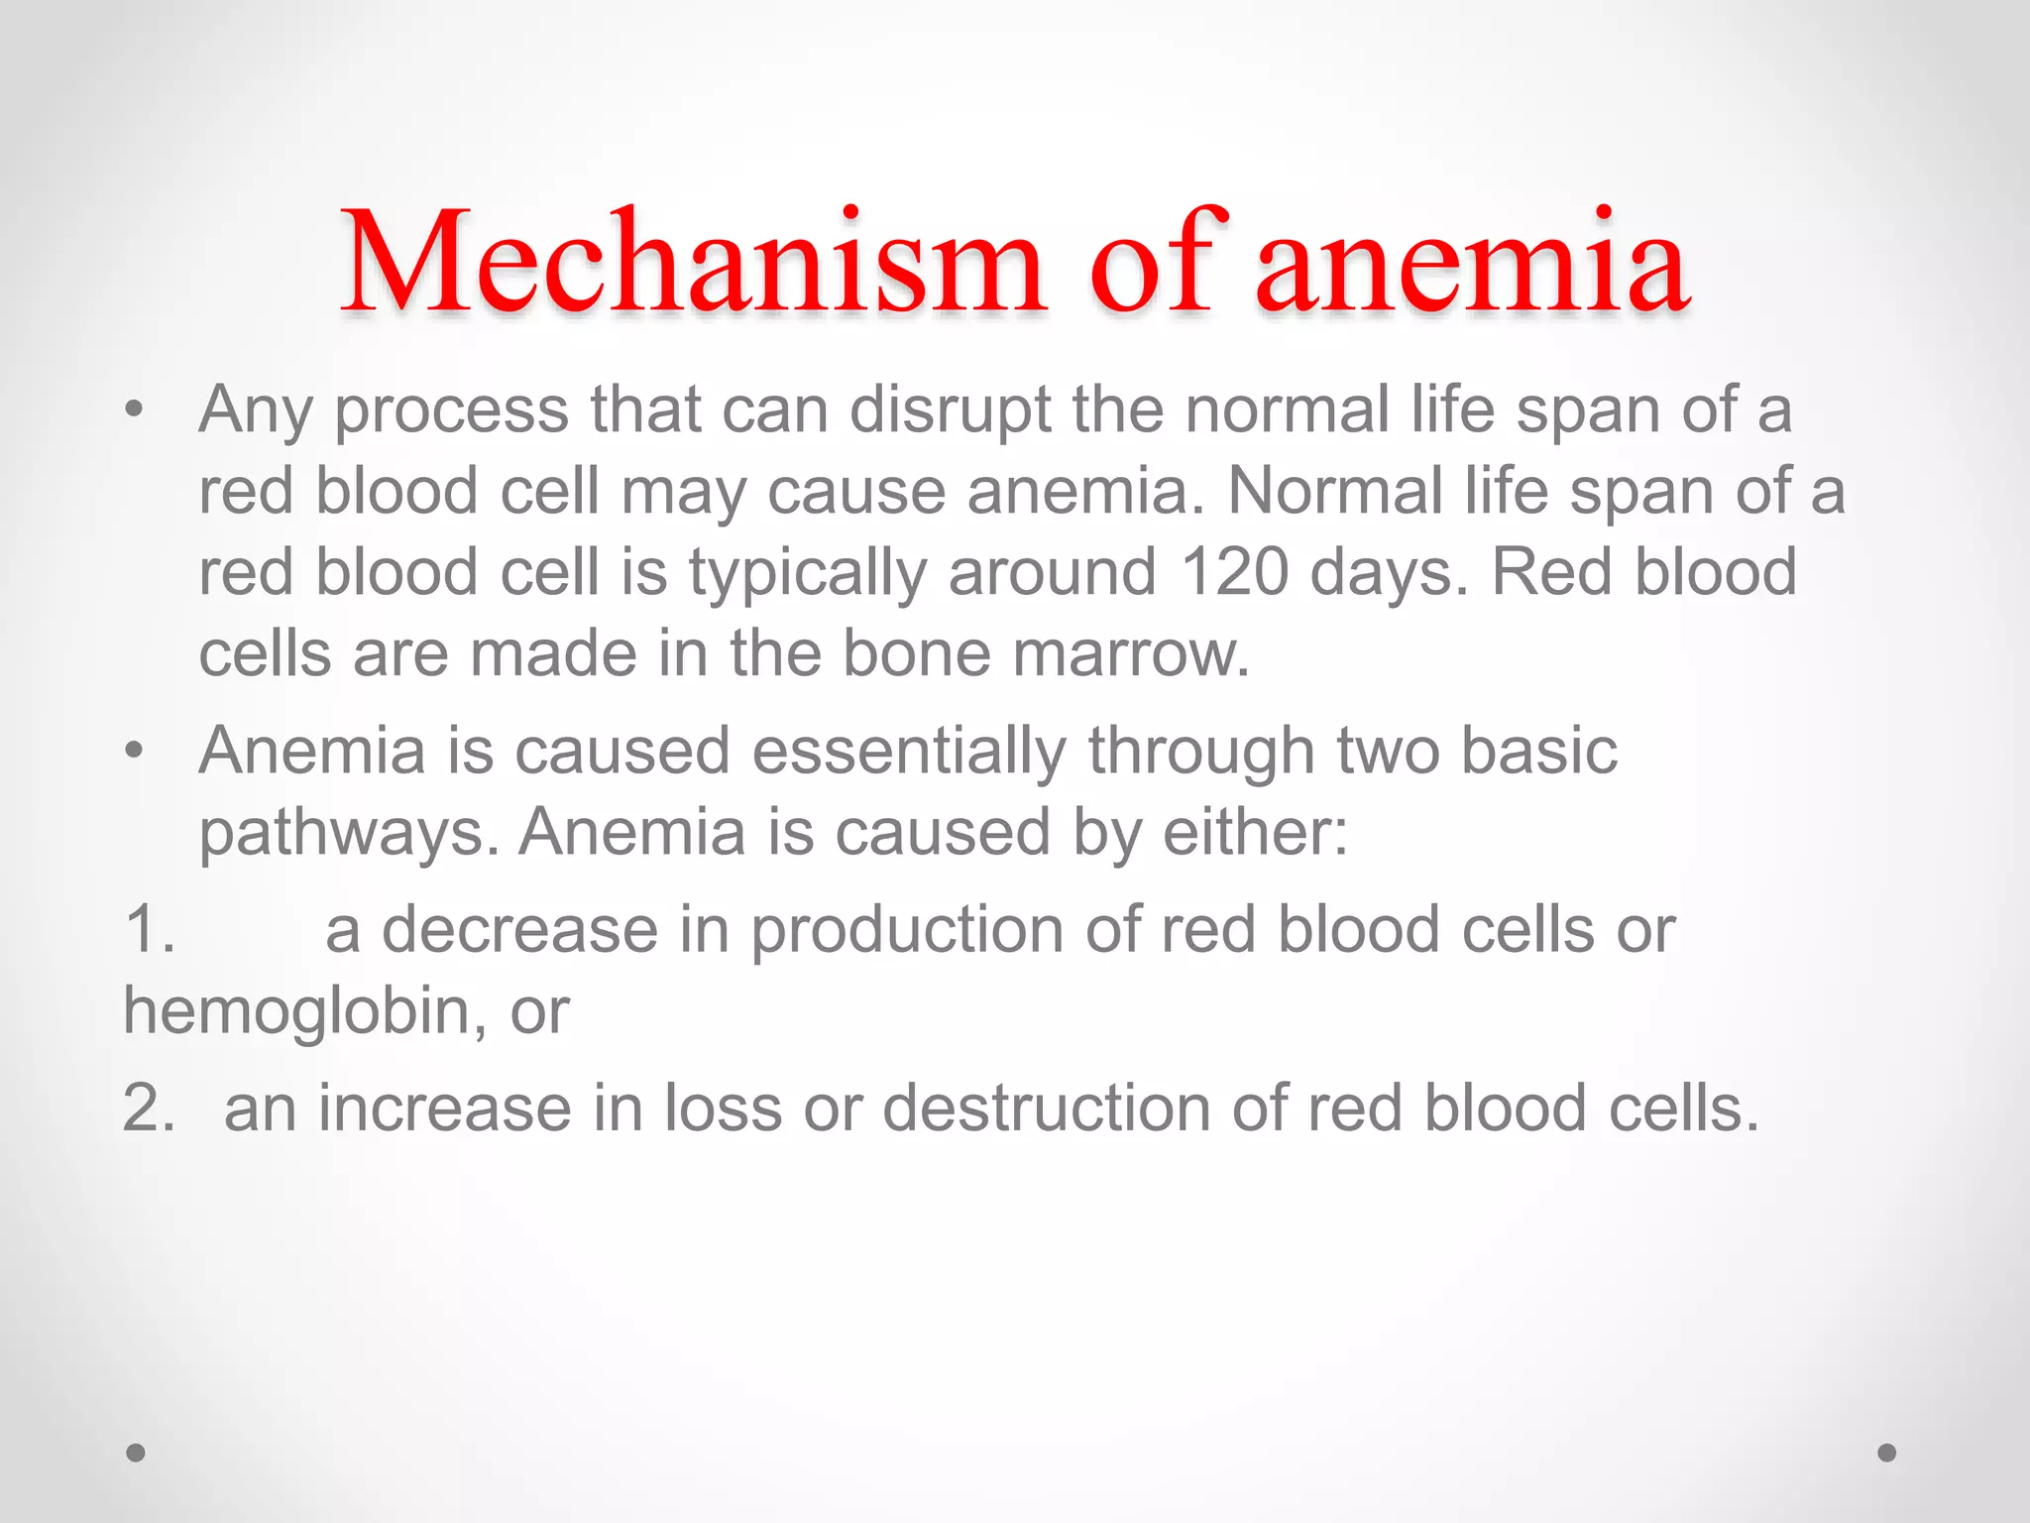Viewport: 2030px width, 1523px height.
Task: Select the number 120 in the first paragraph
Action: point(1234,572)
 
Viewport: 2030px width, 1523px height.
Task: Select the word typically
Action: point(807,574)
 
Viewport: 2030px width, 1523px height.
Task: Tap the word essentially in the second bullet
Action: point(909,751)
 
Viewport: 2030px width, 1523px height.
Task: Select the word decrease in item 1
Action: point(520,930)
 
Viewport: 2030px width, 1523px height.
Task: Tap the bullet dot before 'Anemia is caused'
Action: point(135,751)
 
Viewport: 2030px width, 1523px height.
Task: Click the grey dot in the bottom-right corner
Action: point(1887,1453)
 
